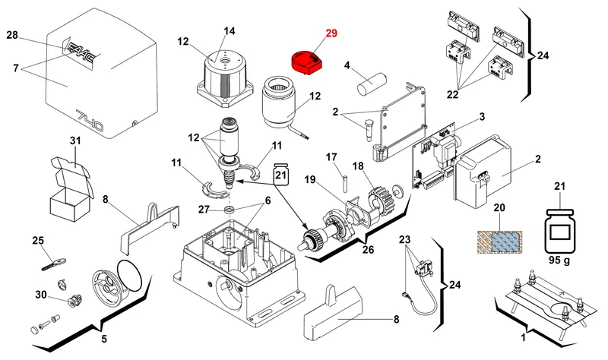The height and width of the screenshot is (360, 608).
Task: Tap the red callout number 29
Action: tap(331, 33)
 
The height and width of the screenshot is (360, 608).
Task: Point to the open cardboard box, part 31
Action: tap(72, 189)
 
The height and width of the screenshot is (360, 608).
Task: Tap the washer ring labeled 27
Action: tap(230, 210)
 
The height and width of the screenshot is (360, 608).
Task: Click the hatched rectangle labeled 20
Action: tap(500, 242)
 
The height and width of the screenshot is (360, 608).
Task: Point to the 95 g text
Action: tap(559, 260)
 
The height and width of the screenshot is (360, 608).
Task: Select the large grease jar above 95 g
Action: tap(559, 231)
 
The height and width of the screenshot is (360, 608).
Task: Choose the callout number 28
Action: tap(12, 35)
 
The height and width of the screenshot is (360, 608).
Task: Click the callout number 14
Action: tap(230, 30)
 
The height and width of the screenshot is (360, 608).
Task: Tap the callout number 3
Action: tap(482, 117)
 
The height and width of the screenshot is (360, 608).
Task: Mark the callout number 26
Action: tap(368, 250)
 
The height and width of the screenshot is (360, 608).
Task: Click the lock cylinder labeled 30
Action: tap(74, 301)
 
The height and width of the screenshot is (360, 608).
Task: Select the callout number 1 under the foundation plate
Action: tap(523, 337)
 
